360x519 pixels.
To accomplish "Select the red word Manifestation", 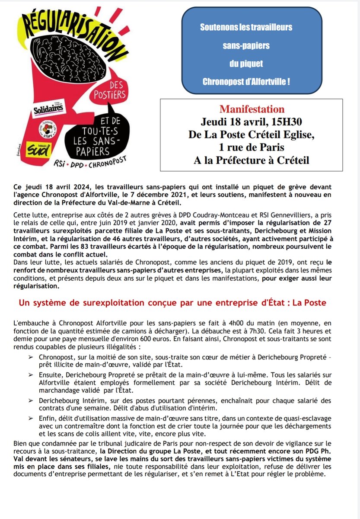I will (x=252, y=109).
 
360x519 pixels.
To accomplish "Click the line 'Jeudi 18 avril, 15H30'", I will (x=252, y=121).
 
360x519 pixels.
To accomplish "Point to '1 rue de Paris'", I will (x=252, y=147).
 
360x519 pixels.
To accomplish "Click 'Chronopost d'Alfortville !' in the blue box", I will (x=246, y=81).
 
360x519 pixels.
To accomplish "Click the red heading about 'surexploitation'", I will (x=172, y=303).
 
